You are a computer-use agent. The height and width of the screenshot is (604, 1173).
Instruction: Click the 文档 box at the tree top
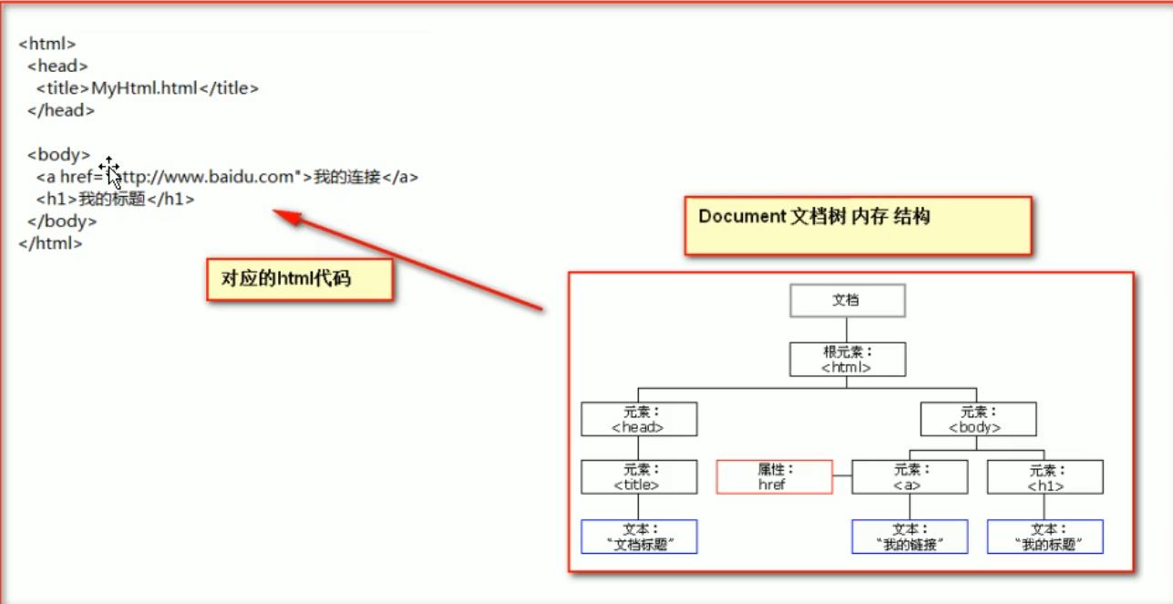coord(847,301)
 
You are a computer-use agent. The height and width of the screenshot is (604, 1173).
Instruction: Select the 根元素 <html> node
coord(847,359)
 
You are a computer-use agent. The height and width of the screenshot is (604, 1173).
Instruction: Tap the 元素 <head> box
coord(639,419)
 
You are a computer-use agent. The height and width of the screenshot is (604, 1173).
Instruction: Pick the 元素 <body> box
coord(978,419)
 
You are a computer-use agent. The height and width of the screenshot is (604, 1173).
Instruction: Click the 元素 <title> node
coord(639,476)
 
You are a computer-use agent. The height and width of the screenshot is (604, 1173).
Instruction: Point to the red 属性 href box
coord(775,476)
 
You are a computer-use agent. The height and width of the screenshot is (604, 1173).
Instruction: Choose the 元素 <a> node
coord(910,476)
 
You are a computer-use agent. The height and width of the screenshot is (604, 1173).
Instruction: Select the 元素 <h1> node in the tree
coord(1044,476)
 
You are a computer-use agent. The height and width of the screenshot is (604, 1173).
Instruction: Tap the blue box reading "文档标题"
coord(639,537)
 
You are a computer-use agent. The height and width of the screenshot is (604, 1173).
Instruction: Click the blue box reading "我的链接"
coord(910,537)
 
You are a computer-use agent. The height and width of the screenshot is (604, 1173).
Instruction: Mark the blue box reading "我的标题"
coord(1044,537)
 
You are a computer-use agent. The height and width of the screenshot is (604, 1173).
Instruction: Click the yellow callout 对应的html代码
coord(299,280)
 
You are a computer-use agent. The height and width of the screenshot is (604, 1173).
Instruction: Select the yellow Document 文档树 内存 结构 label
coord(858,225)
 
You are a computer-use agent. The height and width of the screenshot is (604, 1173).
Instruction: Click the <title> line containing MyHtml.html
coord(148,88)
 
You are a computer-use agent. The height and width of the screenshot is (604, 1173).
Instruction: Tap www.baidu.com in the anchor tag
coord(216,177)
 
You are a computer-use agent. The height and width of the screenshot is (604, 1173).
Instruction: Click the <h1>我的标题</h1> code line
coord(116,199)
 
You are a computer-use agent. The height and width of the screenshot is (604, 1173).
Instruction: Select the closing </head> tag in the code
coord(61,110)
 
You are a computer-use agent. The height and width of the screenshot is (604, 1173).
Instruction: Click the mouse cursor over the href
coord(110,170)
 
